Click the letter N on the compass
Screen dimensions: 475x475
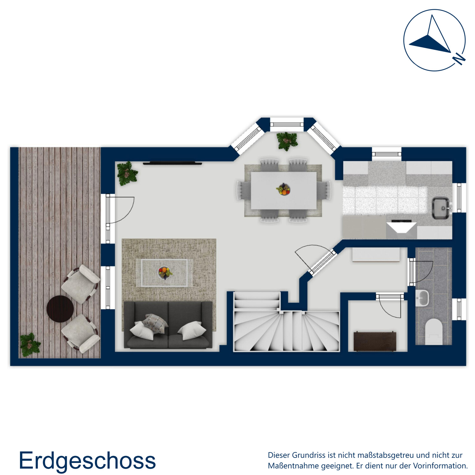click(459, 59)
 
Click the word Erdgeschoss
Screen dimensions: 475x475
click(87, 460)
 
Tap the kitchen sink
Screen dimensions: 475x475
click(441, 208)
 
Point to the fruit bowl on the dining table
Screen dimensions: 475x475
click(283, 189)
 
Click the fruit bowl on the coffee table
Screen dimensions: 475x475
click(165, 272)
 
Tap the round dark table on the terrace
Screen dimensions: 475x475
click(60, 309)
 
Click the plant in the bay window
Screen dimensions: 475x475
click(287, 141)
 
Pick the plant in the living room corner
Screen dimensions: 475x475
click(127, 174)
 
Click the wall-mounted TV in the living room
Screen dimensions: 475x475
click(172, 163)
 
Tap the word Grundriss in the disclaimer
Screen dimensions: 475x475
click(308, 455)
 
